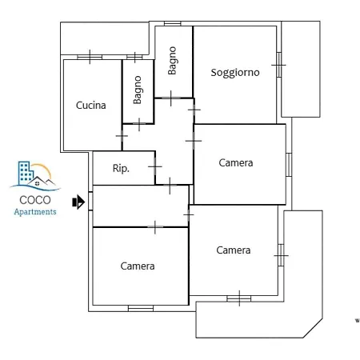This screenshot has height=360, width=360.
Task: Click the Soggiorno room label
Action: (x=235, y=73)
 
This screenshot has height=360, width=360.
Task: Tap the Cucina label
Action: (x=91, y=106)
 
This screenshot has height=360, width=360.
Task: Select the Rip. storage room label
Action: (x=121, y=168)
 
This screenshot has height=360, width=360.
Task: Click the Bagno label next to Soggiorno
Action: (x=172, y=61)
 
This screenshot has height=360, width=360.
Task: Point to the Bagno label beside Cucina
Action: (x=138, y=90)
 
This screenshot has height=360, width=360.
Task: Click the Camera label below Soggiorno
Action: (x=236, y=162)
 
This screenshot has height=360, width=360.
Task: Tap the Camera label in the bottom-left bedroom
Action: (x=138, y=266)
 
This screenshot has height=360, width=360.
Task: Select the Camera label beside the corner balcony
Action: (x=234, y=250)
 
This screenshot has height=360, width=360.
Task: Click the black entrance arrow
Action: (x=78, y=202)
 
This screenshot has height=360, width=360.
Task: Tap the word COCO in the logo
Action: (x=35, y=200)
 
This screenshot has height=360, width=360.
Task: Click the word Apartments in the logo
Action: (x=35, y=212)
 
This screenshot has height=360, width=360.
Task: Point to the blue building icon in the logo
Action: (x=26, y=172)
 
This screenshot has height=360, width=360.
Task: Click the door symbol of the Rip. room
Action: (x=155, y=166)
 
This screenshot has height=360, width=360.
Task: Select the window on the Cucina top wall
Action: (x=90, y=57)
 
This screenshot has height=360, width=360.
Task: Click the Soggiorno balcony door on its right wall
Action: (x=279, y=65)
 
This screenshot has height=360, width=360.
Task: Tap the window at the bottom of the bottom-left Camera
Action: (x=141, y=309)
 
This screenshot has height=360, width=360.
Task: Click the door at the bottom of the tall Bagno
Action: (x=170, y=98)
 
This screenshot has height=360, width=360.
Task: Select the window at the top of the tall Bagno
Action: (x=173, y=24)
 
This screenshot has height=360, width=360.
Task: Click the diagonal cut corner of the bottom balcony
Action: (x=313, y=328)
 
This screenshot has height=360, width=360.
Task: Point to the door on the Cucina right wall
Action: (x=122, y=136)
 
